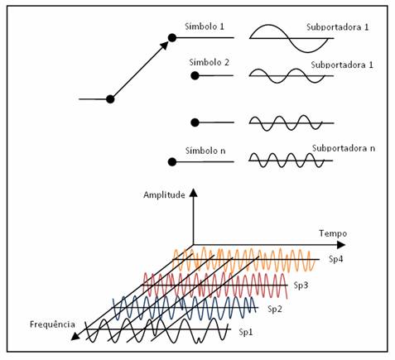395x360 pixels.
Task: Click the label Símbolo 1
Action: coord(205,26)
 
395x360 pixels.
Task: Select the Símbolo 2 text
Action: coord(209,62)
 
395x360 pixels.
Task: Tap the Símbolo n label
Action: coord(205,151)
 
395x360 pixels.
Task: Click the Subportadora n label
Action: coord(344,148)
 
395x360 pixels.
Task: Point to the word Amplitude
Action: coord(164,195)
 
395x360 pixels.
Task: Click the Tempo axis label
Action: coord(333,233)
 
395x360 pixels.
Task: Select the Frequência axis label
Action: coord(52,324)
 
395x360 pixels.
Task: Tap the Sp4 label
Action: coord(335,259)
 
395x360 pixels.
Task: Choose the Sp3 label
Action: coord(301,286)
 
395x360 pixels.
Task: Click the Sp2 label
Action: coord(275,309)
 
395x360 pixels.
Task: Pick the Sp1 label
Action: coord(246,332)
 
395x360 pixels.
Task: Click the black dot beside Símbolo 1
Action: coord(172,38)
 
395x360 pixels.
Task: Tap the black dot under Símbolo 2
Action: coord(195,75)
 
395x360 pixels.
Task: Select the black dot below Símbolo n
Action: coord(172,162)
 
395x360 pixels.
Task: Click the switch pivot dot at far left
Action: coord(110,99)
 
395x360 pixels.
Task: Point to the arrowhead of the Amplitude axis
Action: coord(193,192)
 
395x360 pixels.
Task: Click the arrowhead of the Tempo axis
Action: coord(341,245)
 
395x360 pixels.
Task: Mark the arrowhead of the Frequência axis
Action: coord(75,336)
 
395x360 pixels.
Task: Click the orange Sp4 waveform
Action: coord(244,260)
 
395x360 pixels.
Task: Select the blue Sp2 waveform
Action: coord(185,308)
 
